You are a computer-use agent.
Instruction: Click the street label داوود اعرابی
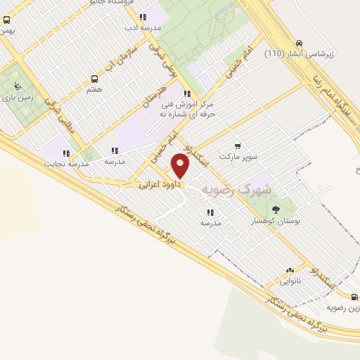[160, 186]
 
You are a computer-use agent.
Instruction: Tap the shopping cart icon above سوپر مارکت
[238, 146]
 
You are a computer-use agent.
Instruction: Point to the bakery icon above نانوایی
[290, 271]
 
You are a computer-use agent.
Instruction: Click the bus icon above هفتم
[94, 79]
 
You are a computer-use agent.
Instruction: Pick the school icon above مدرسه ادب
[143, 17]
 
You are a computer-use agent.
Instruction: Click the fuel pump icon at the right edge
[355, 297]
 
